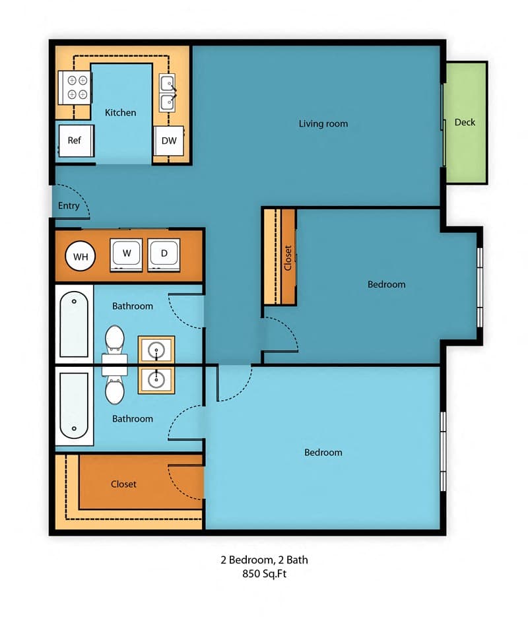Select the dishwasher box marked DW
tap(168, 141)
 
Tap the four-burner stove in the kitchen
tap(75, 87)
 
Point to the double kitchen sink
tap(168, 92)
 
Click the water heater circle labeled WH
tap(81, 256)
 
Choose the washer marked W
tap(126, 255)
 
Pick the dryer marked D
tap(164, 255)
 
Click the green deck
tap(466, 122)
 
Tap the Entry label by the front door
tap(69, 205)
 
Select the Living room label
tap(323, 123)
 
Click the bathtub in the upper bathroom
tap(74, 324)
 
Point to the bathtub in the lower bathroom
tap(74, 406)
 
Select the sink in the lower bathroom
tap(156, 380)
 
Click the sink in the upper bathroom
tap(156, 349)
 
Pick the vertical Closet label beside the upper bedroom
tap(288, 258)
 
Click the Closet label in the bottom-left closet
tap(123, 484)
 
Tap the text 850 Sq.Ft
tap(265, 573)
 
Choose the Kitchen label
tap(120, 113)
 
